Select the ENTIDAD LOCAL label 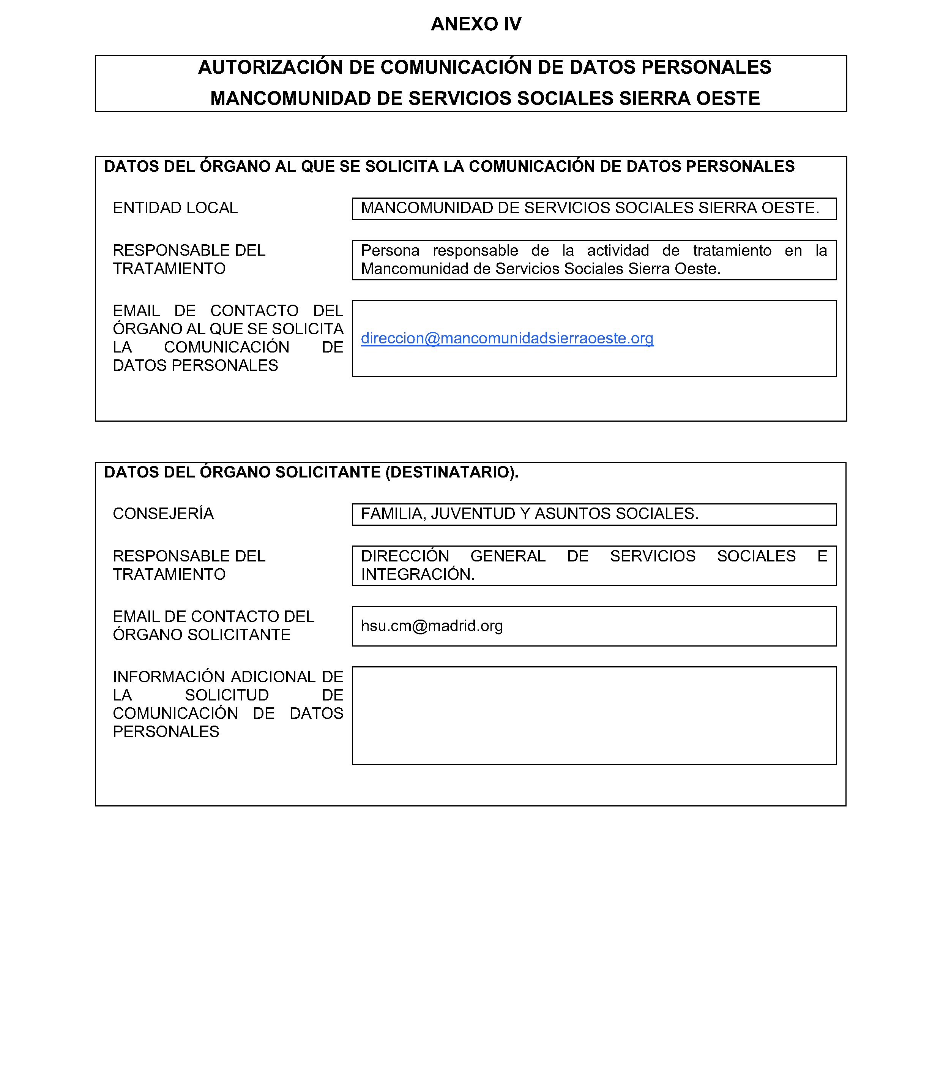pos(175,208)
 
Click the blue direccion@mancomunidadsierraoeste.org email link pos(507,338)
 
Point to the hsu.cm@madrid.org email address pos(432,626)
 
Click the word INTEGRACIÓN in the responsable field pos(417,574)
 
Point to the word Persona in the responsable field pos(390,251)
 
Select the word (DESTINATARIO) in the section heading pos(451,472)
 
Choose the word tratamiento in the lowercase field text pos(732,251)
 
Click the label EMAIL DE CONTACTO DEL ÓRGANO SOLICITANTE pos(213,626)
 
